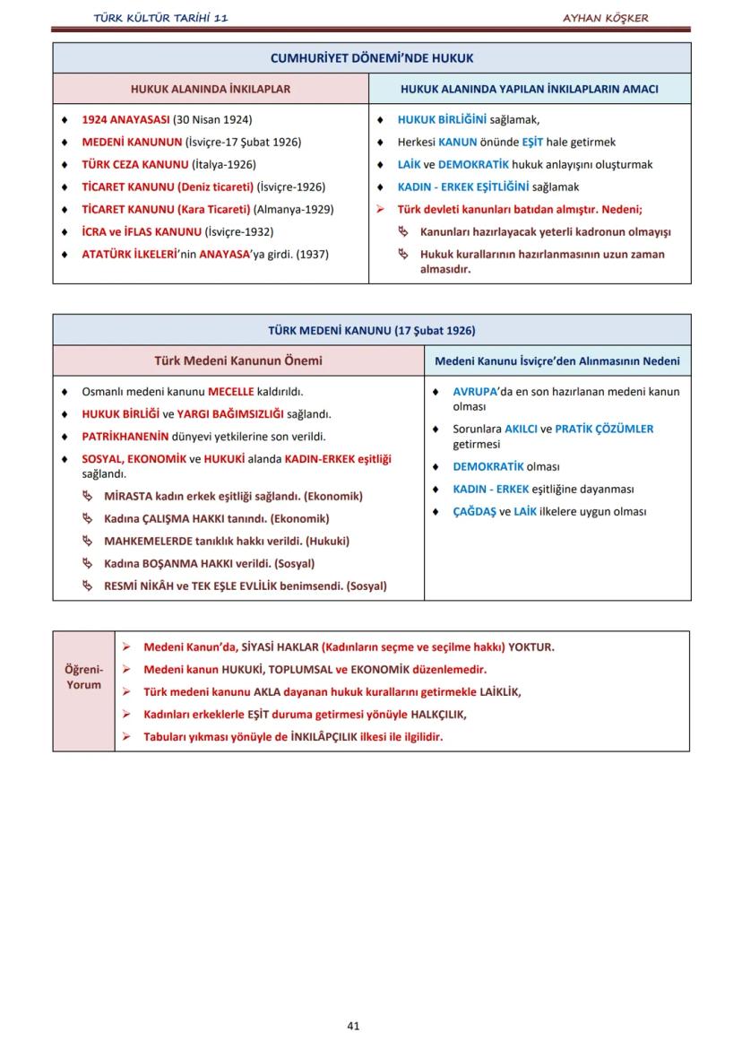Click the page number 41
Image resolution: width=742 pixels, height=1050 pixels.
(x=353, y=1026)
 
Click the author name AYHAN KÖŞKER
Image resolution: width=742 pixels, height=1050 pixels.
(x=605, y=18)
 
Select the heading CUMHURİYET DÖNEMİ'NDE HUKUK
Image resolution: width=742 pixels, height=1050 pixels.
(x=372, y=58)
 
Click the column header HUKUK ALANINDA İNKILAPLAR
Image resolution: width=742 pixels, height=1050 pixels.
(x=211, y=89)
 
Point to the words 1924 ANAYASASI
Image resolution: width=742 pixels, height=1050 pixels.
(x=125, y=119)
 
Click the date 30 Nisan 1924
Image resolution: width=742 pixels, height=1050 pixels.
(x=212, y=119)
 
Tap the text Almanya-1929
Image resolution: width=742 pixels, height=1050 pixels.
(x=294, y=209)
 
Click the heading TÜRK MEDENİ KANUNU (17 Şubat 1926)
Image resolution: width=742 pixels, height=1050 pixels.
(x=372, y=330)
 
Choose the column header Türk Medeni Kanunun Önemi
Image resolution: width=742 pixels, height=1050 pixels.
(x=238, y=361)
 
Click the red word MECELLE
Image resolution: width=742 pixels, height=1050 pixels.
(x=231, y=392)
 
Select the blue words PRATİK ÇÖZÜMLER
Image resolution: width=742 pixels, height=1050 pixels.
(x=604, y=429)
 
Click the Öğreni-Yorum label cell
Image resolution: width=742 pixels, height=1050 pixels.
(x=84, y=677)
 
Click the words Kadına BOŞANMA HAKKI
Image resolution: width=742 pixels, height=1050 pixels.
(x=161, y=563)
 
